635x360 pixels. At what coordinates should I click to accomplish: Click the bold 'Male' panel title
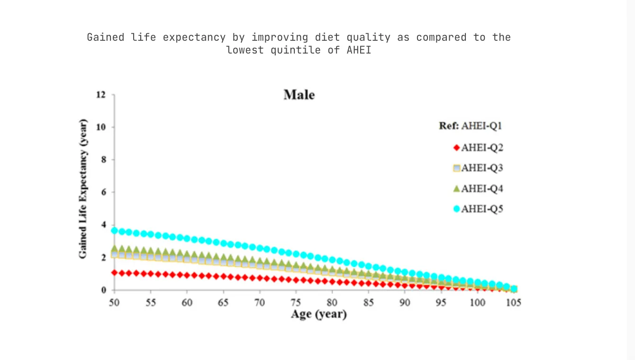pyautogui.click(x=299, y=95)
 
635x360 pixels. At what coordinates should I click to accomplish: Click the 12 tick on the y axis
pyautogui.click(x=101, y=95)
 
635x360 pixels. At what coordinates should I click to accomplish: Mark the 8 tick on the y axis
pyautogui.click(x=103, y=160)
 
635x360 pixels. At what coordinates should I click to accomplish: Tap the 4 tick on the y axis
pyautogui.click(x=103, y=225)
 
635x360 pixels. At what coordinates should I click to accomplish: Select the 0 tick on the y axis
pyautogui.click(x=103, y=290)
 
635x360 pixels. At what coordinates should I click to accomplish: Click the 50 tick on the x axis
pyautogui.click(x=114, y=303)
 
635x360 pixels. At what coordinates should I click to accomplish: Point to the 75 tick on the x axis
pyautogui.click(x=296, y=303)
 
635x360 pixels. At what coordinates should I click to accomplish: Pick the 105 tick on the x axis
pyautogui.click(x=514, y=303)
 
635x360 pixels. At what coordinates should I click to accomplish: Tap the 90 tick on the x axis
pyautogui.click(x=405, y=303)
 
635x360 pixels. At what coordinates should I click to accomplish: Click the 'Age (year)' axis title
pyautogui.click(x=318, y=314)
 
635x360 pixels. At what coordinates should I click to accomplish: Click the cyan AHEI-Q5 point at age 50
pyautogui.click(x=114, y=231)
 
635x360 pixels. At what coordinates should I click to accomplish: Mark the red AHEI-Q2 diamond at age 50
pyautogui.click(x=114, y=273)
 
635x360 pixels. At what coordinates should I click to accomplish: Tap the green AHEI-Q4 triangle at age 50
pyautogui.click(x=114, y=249)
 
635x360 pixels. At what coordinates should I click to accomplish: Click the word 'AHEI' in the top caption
pyautogui.click(x=356, y=50)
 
